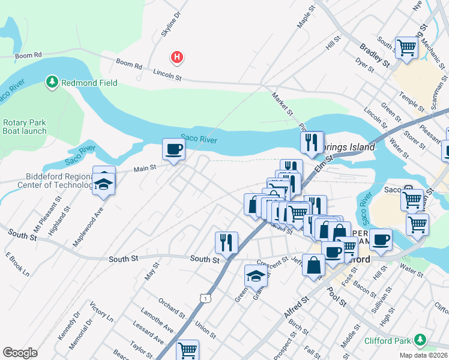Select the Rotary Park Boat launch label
[24, 127]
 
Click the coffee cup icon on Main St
[174, 149]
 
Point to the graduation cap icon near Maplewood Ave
[104, 185]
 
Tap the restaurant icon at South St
[226, 242]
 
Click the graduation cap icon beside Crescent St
[256, 276]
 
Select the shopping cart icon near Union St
[188, 349]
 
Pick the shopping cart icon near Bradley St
[407, 47]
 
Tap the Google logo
[20, 353]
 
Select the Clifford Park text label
[388, 341]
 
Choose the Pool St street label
[337, 296]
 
